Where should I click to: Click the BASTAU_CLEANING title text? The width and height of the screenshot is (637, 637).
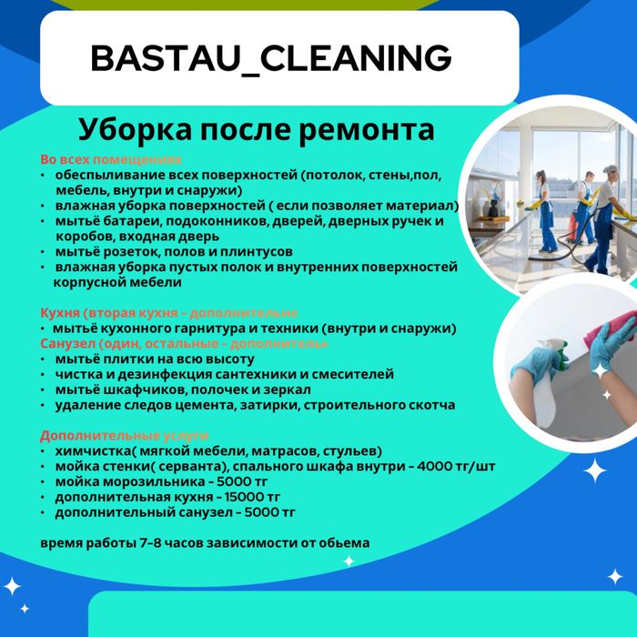tap(271, 58)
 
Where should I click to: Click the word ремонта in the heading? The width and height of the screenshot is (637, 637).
tap(367, 127)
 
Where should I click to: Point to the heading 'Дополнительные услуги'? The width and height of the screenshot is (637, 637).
tap(124, 435)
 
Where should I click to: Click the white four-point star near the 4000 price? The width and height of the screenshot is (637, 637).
tap(595, 470)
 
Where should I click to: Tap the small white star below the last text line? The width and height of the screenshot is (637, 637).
tap(349, 561)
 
